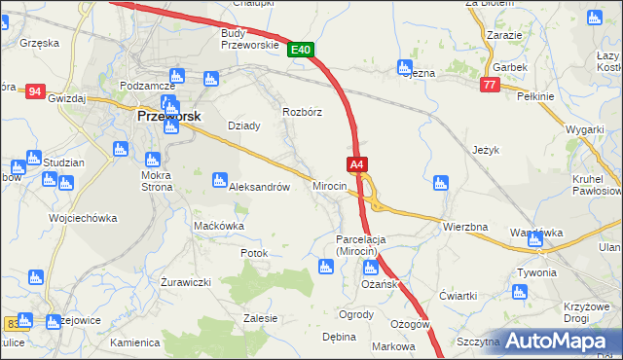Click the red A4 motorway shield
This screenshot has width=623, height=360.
357,165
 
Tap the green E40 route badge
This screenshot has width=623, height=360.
300,50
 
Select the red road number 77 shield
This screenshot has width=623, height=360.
490,86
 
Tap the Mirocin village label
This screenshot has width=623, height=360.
329,185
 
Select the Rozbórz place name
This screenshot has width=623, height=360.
302,112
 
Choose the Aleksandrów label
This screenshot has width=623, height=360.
259,188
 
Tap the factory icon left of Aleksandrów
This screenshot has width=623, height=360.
219,179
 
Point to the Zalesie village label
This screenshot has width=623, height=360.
261,318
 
